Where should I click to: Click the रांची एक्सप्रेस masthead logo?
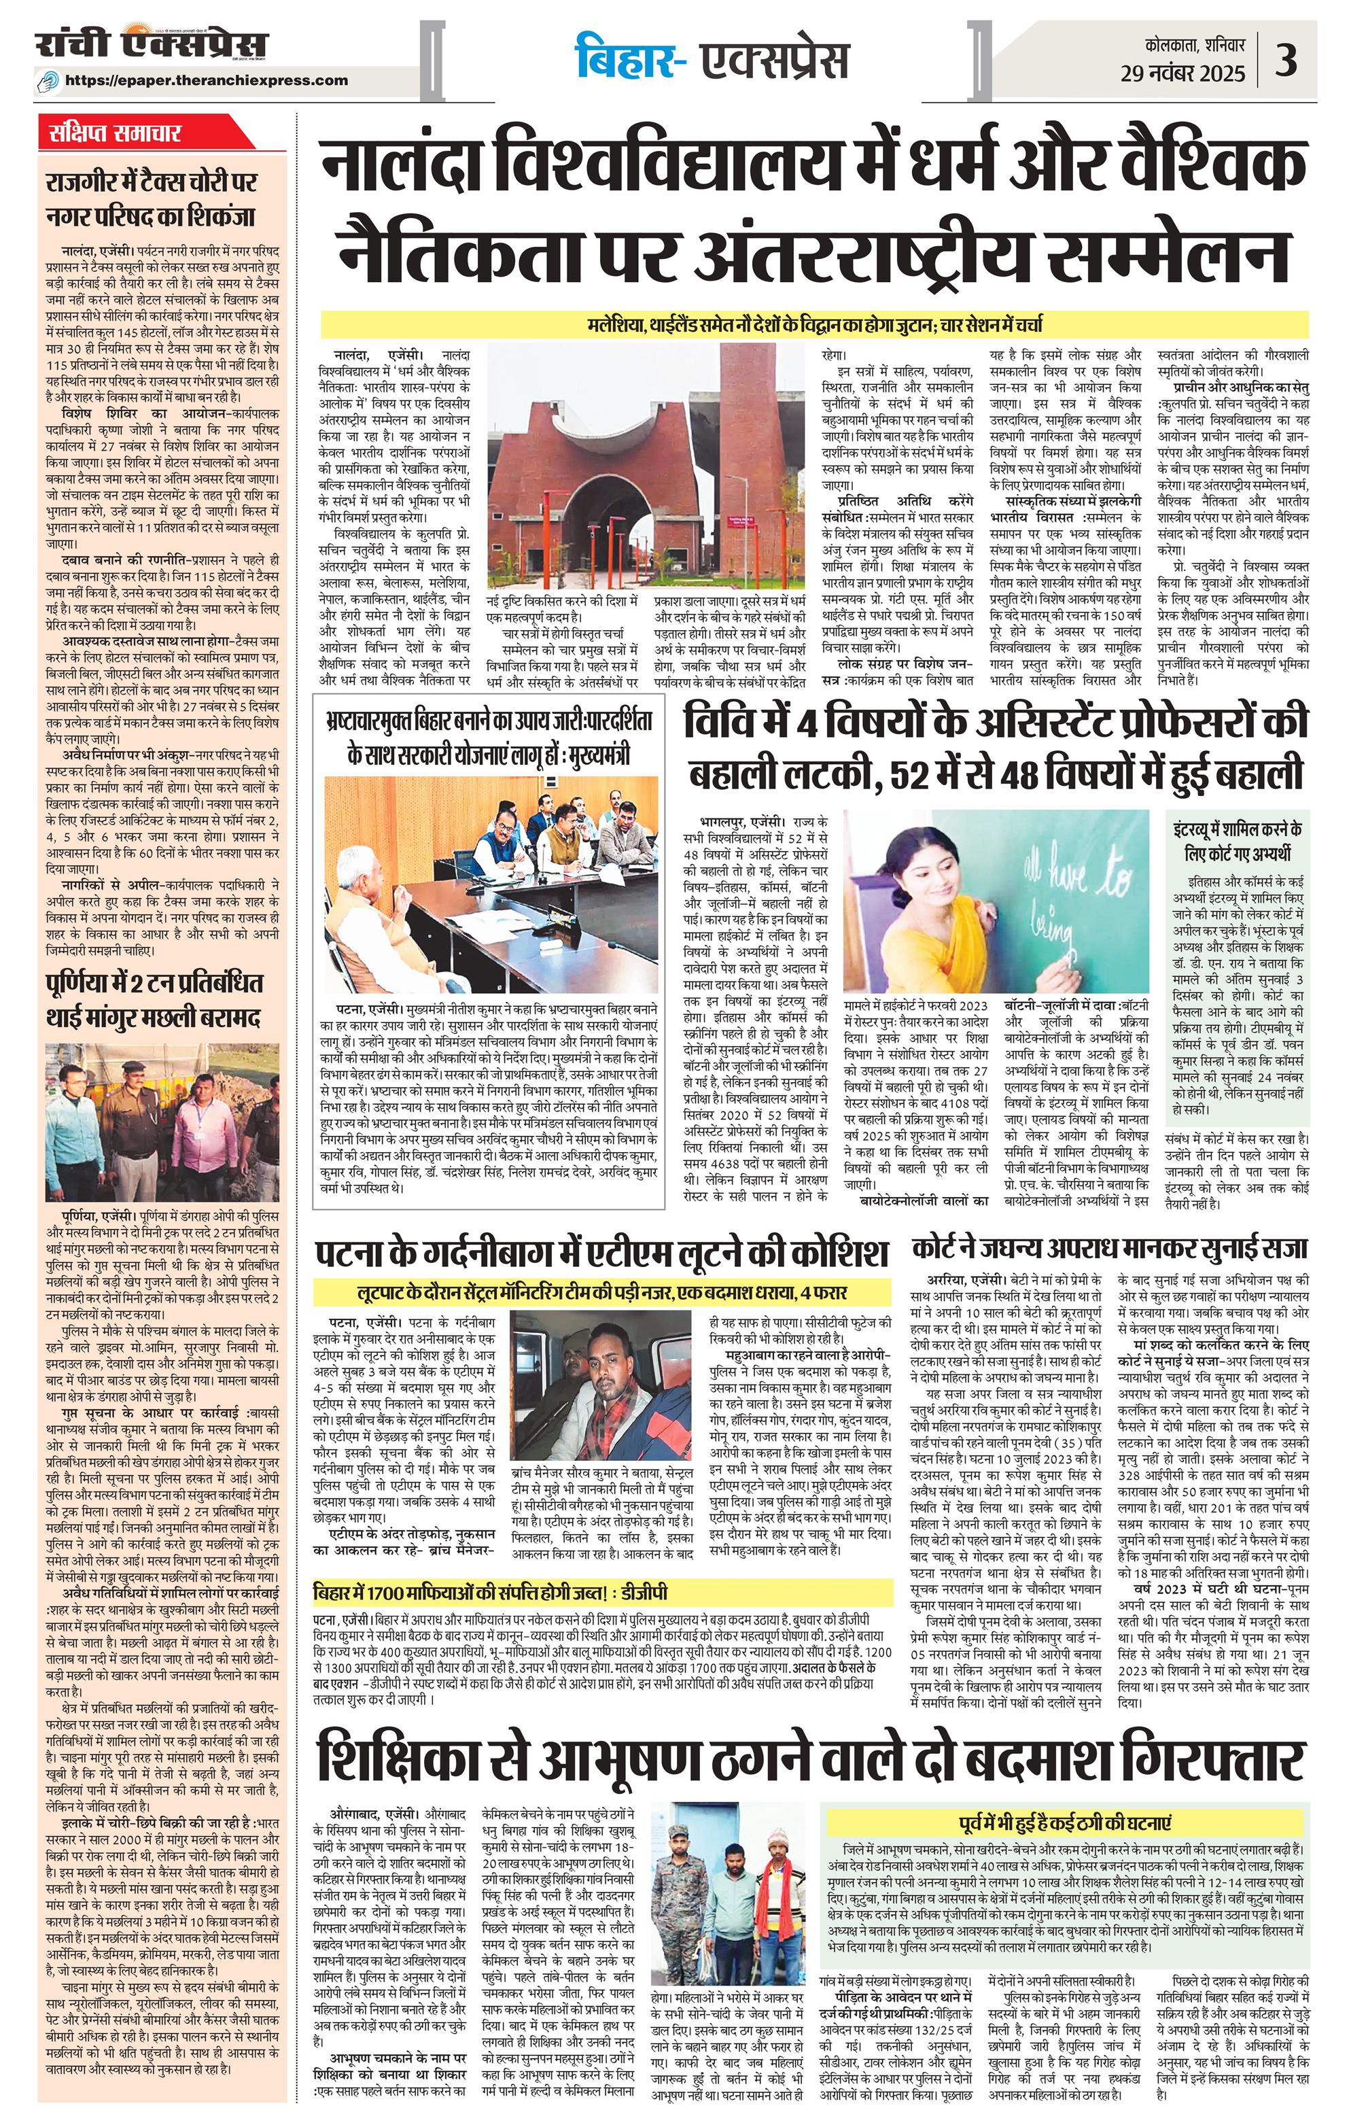tap(150, 44)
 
